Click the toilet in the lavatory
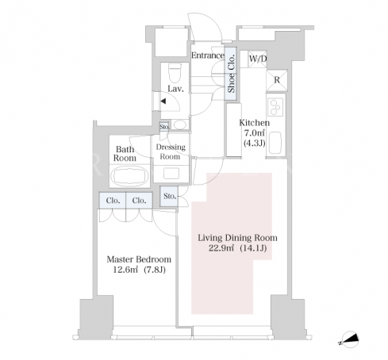coord(175,73)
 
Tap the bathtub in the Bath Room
coord(129,176)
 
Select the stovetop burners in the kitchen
coord(275,107)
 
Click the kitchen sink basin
coord(275,142)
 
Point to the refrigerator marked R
coord(277,80)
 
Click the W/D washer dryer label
coord(258,59)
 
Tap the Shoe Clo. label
coord(231,74)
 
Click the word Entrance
coord(208,56)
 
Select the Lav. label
coord(175,89)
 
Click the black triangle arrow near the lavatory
coord(163,101)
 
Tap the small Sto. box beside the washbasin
coord(164,127)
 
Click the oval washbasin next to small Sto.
coord(180,124)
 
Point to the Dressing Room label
coord(171,151)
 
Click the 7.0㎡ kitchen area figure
coord(255,133)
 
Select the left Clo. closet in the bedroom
coord(113,201)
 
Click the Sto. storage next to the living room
coord(169,196)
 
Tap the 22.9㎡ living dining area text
coord(221,248)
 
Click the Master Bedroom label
coord(139,259)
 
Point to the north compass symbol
coord(349,339)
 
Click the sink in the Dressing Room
coord(171,174)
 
